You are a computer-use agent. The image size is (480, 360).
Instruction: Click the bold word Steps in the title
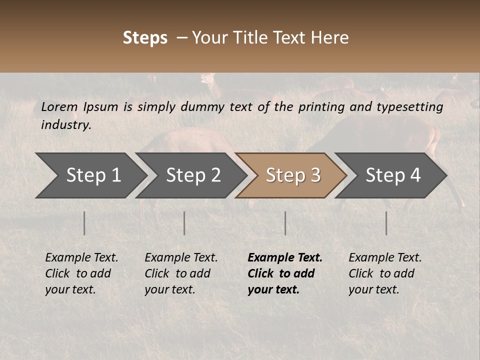[145, 38]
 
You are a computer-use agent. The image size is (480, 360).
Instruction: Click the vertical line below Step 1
[84, 223]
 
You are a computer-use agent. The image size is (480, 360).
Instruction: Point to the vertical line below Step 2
[184, 223]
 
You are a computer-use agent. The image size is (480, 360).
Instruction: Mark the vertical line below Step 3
[285, 223]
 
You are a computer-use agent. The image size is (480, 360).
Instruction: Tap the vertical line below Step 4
[386, 223]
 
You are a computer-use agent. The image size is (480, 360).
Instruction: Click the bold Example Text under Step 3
[285, 258]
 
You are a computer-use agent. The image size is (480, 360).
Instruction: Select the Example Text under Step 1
[81, 258]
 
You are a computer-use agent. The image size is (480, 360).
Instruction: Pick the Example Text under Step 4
[385, 258]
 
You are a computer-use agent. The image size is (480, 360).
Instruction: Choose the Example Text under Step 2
[181, 258]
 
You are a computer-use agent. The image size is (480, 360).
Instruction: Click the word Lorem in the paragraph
[59, 107]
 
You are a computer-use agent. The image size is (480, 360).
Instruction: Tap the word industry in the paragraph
[65, 125]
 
